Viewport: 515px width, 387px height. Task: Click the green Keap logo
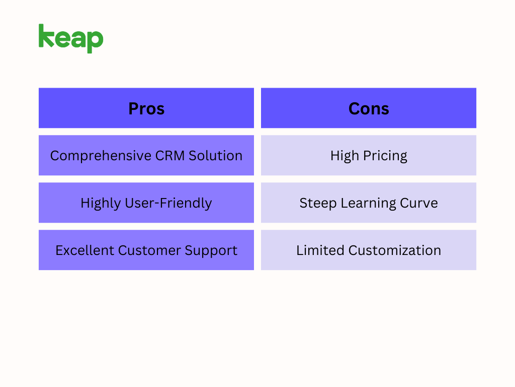71,38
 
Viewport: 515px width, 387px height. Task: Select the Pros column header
146,108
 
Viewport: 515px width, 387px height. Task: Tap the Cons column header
369,108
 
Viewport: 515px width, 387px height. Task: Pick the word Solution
215,156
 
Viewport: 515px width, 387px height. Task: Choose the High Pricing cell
369,156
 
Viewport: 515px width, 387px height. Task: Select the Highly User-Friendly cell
146,203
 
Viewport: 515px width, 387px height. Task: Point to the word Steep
315,204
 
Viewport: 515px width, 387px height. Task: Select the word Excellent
84,250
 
